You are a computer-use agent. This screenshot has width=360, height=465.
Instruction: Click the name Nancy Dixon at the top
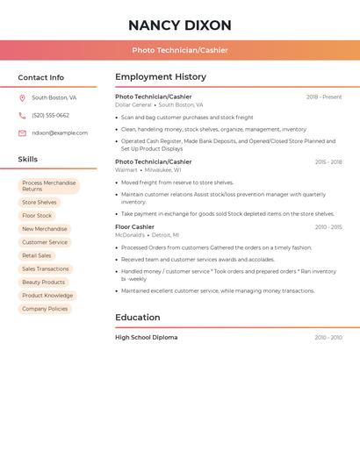(x=180, y=25)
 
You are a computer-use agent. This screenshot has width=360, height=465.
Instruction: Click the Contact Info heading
(x=41, y=77)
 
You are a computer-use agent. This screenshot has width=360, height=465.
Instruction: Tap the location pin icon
(x=22, y=98)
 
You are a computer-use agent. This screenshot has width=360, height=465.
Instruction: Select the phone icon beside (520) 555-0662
(x=22, y=116)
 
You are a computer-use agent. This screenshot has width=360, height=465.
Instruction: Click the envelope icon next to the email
(x=22, y=133)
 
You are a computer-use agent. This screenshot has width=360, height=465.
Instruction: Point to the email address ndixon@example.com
(x=60, y=133)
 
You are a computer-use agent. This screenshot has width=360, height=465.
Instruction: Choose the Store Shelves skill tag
(x=40, y=203)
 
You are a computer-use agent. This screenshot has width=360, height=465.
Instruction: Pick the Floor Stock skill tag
(x=37, y=216)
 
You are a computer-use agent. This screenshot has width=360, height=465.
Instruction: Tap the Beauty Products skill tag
(x=44, y=283)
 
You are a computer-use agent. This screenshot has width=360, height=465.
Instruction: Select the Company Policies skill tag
(x=45, y=309)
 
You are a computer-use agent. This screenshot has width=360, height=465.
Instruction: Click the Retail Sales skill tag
(x=37, y=256)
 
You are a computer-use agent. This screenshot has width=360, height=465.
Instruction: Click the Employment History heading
(x=161, y=77)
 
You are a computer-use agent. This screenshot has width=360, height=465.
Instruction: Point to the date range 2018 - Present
(x=324, y=97)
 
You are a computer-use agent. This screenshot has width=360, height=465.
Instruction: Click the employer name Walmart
(x=126, y=170)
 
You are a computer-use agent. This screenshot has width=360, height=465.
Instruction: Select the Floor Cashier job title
(x=134, y=227)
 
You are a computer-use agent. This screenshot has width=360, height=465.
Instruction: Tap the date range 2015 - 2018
(x=328, y=162)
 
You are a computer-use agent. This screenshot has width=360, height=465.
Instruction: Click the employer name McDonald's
(x=130, y=235)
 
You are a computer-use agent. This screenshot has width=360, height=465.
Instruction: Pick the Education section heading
(x=138, y=318)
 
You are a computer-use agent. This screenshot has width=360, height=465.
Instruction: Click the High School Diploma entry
(x=146, y=338)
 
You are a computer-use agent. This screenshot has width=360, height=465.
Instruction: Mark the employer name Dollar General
(x=133, y=105)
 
